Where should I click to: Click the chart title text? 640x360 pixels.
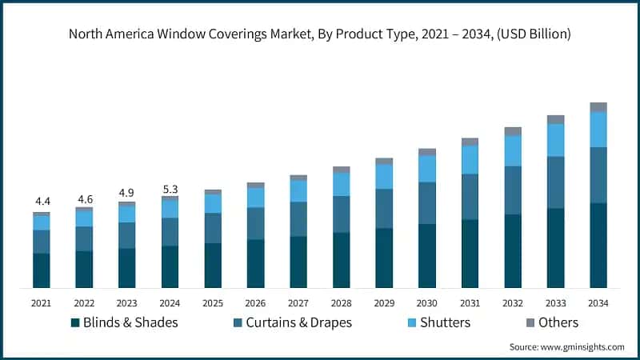(320, 34)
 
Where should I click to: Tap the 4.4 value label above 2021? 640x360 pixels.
(42, 201)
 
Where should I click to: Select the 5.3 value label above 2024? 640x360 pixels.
(170, 189)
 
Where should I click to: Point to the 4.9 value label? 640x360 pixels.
(127, 193)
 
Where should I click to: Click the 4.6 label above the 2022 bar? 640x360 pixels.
(84, 198)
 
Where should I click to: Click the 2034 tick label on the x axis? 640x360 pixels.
(598, 303)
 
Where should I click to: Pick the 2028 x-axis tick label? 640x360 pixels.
(341, 303)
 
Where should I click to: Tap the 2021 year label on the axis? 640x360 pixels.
(42, 303)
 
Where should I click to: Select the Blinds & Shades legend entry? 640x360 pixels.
(124, 322)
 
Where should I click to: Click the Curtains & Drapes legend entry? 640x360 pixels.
(291, 322)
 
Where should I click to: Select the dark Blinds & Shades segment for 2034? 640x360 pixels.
(598, 245)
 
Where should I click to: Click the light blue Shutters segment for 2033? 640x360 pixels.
(555, 140)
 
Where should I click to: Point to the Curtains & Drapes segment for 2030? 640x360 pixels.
(426, 203)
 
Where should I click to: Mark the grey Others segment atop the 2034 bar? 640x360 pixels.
(598, 107)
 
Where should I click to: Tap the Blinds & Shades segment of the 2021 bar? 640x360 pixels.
(42, 270)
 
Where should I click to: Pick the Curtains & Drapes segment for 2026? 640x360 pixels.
(255, 223)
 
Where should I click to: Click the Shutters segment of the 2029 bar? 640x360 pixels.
(384, 176)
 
